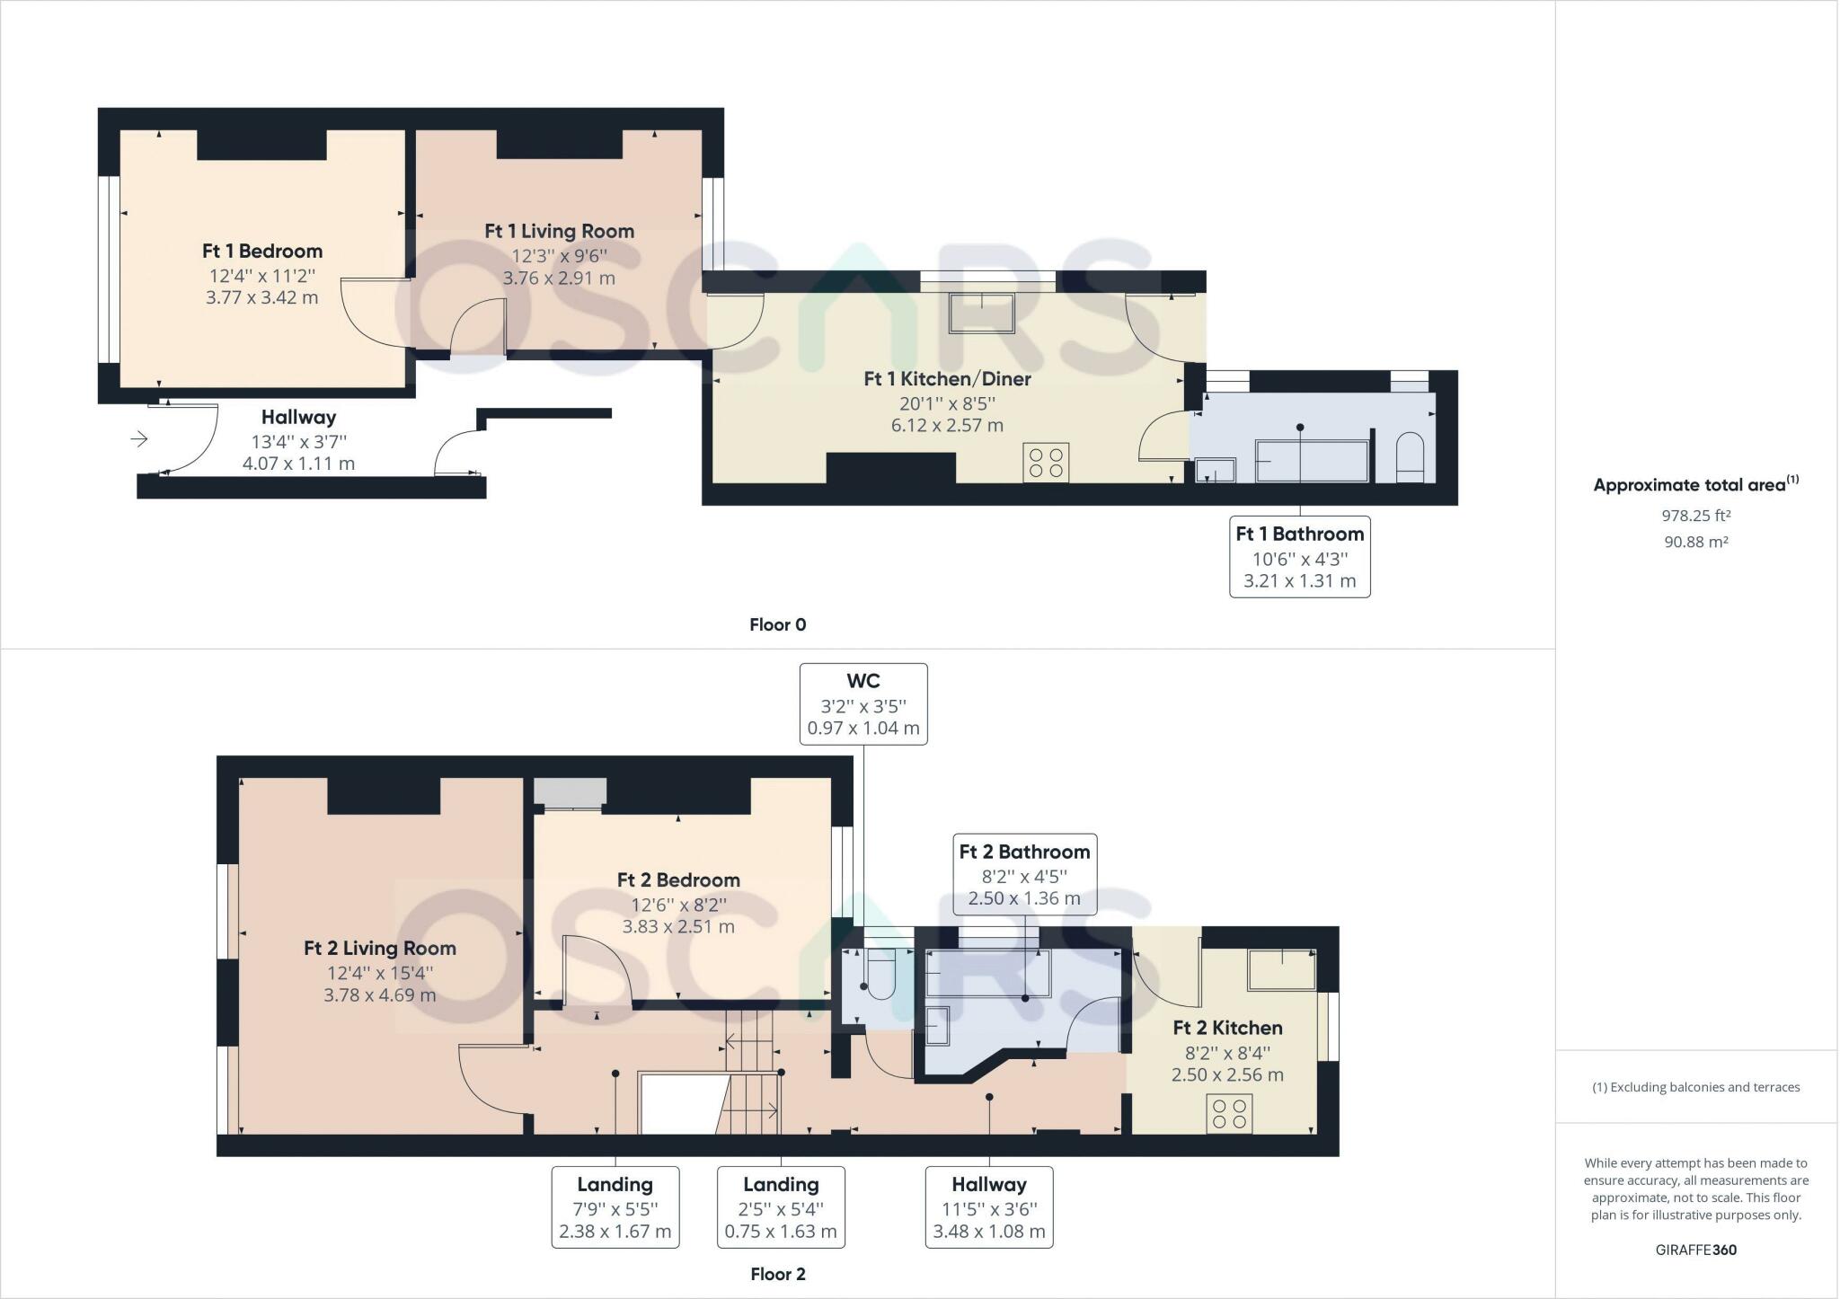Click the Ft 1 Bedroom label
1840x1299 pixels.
click(x=261, y=252)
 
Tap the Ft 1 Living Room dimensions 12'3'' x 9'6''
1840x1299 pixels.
click(x=559, y=255)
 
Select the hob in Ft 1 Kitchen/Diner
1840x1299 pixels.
click(x=1046, y=463)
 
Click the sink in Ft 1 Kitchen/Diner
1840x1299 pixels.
click(x=981, y=313)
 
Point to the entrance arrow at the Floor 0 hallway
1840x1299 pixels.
click(x=139, y=439)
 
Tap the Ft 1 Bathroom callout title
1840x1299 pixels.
click(x=1299, y=534)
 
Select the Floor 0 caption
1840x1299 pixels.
click(x=777, y=625)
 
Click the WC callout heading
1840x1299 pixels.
click(x=862, y=681)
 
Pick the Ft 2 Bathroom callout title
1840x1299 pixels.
click(x=1024, y=852)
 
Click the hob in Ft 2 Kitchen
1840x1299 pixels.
click(x=1229, y=1114)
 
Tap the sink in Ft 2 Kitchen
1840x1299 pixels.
click(x=1281, y=969)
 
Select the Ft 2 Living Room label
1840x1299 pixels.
click(x=379, y=949)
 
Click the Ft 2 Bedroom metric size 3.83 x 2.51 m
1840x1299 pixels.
click(x=678, y=926)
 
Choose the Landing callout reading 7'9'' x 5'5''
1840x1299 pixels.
click(x=615, y=1208)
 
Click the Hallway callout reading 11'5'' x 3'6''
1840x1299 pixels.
click(x=988, y=1208)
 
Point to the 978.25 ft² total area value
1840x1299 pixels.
click(x=1695, y=517)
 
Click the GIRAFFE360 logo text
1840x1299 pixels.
click(x=1695, y=1250)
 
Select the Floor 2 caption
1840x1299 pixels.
click(x=777, y=1275)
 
